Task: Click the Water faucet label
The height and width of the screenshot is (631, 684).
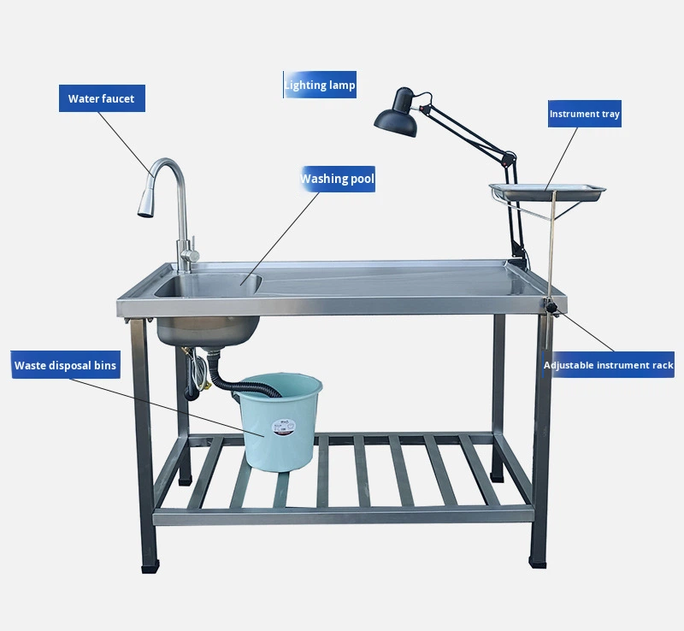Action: [102, 98]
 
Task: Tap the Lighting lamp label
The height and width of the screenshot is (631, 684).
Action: [320, 86]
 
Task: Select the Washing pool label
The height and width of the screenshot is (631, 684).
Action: [337, 179]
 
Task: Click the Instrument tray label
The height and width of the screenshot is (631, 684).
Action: [585, 114]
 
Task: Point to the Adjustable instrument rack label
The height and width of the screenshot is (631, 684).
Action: [608, 365]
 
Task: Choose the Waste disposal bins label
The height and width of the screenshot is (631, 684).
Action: [65, 366]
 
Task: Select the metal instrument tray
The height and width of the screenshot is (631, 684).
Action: [547, 191]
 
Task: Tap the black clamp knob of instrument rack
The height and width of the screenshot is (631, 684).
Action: [554, 307]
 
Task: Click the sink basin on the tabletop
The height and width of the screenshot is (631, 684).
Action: [207, 286]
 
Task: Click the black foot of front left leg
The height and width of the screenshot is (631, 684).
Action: [149, 566]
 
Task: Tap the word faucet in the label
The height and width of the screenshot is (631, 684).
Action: [119, 98]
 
